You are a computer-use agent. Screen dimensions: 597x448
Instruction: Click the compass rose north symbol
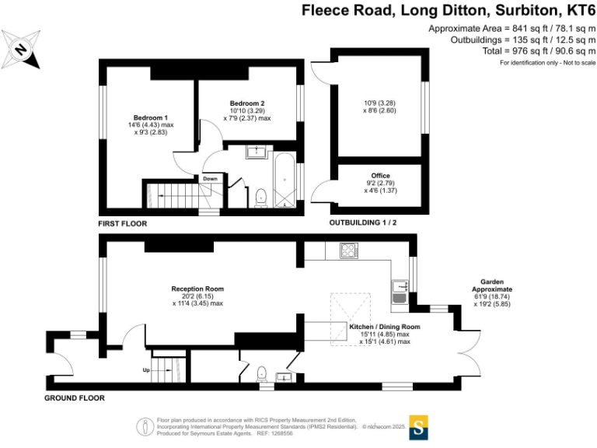(20, 50)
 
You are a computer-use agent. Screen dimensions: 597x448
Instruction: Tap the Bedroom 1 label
(150, 117)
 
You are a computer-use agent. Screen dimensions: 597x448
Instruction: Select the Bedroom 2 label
(247, 103)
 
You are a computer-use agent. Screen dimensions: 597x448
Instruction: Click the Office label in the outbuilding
(380, 176)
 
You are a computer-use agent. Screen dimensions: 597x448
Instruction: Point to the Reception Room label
(197, 289)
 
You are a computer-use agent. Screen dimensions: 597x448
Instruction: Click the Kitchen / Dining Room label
(385, 327)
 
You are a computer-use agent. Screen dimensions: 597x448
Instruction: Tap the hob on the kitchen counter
(349, 250)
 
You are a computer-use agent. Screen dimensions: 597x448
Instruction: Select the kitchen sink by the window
(400, 292)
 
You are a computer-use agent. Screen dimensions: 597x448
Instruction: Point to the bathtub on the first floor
(285, 180)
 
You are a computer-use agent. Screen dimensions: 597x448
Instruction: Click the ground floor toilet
(261, 373)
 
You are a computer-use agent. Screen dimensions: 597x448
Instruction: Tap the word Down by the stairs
(210, 178)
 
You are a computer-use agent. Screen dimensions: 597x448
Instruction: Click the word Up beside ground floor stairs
(146, 370)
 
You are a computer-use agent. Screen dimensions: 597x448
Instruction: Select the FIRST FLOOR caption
(123, 224)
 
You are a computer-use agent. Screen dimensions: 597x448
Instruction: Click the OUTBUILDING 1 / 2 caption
(363, 222)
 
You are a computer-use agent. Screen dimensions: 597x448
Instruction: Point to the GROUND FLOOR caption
(75, 398)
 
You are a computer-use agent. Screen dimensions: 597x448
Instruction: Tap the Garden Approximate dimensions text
(492, 293)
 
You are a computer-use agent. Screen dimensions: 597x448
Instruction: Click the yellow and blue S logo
(418, 428)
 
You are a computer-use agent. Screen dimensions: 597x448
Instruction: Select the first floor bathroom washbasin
(257, 152)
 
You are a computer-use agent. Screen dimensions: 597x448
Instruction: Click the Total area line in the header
(539, 51)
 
